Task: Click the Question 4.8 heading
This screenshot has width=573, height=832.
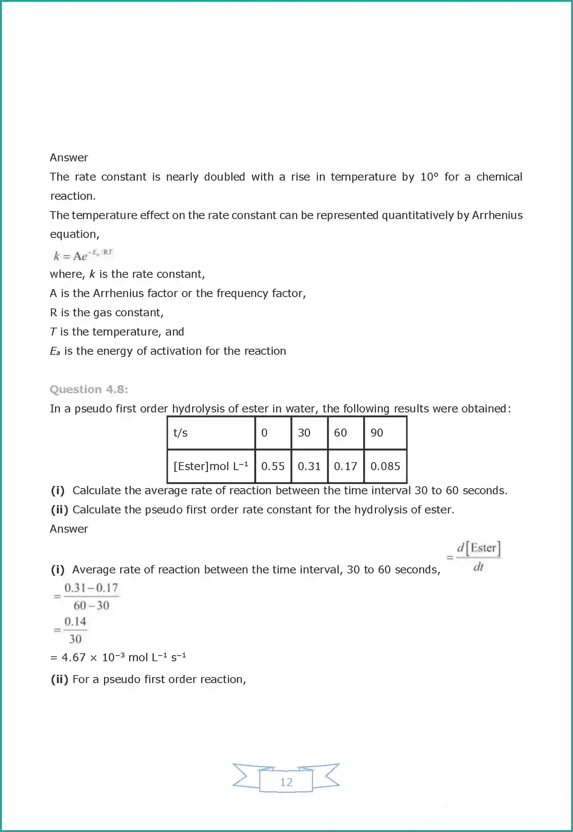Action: (x=89, y=389)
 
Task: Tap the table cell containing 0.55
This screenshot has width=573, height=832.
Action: (x=273, y=466)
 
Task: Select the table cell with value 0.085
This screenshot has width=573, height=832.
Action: (x=385, y=466)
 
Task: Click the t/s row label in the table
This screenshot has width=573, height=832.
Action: (x=180, y=433)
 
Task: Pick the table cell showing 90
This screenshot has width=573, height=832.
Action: (x=377, y=433)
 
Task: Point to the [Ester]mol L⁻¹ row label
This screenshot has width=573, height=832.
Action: (x=211, y=466)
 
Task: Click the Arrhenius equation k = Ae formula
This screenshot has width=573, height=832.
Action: (x=83, y=255)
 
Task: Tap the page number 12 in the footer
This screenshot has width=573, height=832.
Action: (x=286, y=782)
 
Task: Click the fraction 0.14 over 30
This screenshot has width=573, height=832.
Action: (x=75, y=630)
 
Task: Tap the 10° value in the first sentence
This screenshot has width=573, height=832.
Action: (x=429, y=177)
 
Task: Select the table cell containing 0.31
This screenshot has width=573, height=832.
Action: (x=309, y=466)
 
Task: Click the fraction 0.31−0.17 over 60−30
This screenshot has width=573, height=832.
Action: (x=91, y=596)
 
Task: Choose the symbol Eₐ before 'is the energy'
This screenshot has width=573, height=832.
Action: (x=55, y=351)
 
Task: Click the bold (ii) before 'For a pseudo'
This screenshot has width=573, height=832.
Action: (x=60, y=679)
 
